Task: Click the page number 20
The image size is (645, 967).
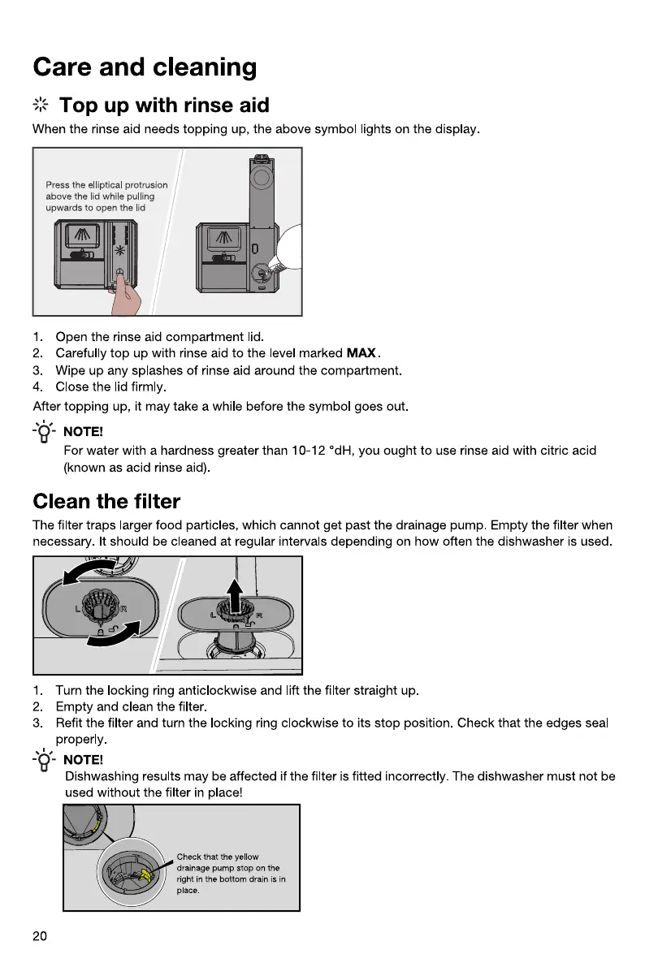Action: pyautogui.click(x=40, y=936)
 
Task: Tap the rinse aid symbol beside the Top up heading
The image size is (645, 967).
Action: pyautogui.click(x=41, y=106)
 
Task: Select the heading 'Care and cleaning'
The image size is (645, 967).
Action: pyautogui.click(x=145, y=67)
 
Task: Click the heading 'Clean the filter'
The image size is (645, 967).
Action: pyautogui.click(x=106, y=500)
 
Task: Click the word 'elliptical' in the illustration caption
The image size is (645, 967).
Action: pyautogui.click(x=102, y=185)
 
